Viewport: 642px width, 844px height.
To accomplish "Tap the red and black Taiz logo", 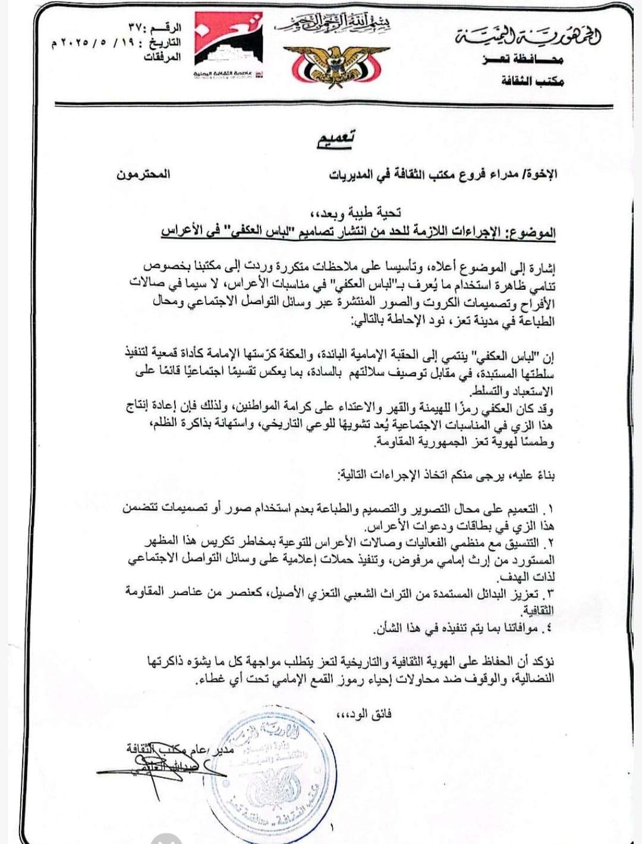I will pyautogui.click(x=228, y=47).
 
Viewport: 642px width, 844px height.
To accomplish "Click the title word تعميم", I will pyautogui.click(x=336, y=139).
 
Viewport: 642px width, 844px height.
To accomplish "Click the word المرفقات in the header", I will pyautogui.click(x=162, y=58).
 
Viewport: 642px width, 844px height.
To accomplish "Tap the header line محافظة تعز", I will pyautogui.click(x=523, y=60).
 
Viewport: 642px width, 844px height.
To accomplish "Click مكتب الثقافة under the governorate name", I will pyautogui.click(x=531, y=81).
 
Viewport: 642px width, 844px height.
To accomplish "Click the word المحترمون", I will pyautogui.click(x=143, y=174).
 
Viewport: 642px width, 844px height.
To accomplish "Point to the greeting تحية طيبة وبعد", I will pyautogui.click(x=355, y=212).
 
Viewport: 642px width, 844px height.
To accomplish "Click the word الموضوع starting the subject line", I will pyautogui.click(x=533, y=231).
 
